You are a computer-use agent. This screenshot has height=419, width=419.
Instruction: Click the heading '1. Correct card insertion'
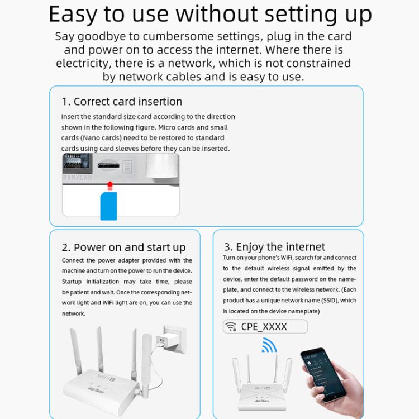[x=122, y=102]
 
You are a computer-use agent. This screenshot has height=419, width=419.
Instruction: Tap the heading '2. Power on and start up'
[x=123, y=247]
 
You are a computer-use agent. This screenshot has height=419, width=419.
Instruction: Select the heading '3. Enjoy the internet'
[x=274, y=247]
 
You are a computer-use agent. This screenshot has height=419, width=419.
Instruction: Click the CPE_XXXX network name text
[x=264, y=327]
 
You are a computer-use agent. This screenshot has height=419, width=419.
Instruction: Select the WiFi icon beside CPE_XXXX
[x=230, y=327]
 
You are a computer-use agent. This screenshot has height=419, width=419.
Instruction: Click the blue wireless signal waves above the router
[x=269, y=346]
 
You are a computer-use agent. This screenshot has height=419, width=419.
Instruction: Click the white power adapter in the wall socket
[x=167, y=342]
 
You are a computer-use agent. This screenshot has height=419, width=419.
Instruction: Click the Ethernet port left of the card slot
[x=75, y=163]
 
